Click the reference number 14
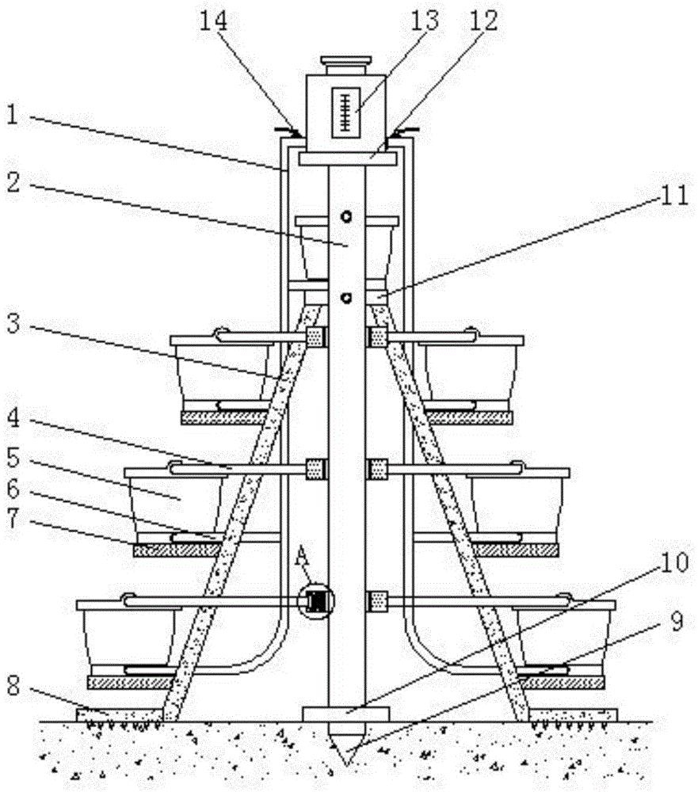point(214,21)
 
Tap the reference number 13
point(424,21)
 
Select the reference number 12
point(484,21)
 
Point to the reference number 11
point(675,195)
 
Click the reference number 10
point(674,562)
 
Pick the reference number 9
point(677,621)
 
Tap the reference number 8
point(13,687)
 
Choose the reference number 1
point(12,115)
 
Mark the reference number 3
point(13,323)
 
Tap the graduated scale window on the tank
point(345,112)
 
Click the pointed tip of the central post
point(346,765)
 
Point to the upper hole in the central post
point(346,217)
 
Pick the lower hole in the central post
point(346,298)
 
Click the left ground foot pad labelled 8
point(120,714)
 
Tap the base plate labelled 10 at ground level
point(345,714)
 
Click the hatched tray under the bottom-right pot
point(561,683)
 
